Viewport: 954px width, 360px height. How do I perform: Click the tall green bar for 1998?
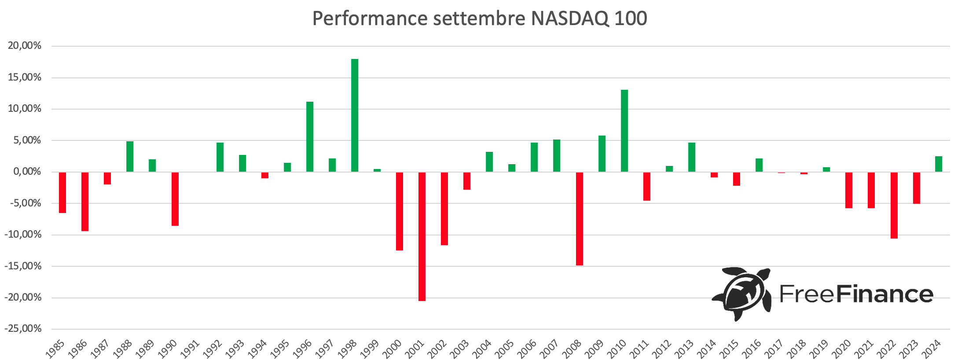click(x=355, y=115)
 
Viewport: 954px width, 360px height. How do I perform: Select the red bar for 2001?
click(x=422, y=236)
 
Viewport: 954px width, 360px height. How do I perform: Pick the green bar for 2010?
click(x=624, y=131)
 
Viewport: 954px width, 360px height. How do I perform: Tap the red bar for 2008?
click(x=580, y=219)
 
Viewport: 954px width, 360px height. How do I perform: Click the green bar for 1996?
click(x=310, y=136)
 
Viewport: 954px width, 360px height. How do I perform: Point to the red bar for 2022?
click(x=894, y=205)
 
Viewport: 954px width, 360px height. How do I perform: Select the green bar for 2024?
click(x=939, y=164)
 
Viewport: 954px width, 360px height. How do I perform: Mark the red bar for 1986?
click(x=85, y=201)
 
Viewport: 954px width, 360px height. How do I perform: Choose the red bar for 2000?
click(x=400, y=211)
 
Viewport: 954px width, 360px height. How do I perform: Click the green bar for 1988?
click(x=130, y=156)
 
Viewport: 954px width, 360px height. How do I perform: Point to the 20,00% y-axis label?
click(x=25, y=46)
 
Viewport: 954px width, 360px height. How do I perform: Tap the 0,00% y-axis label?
click(x=27, y=172)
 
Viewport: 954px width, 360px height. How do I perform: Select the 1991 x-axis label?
click(x=190, y=349)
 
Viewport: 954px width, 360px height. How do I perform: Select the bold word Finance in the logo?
click(x=884, y=294)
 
